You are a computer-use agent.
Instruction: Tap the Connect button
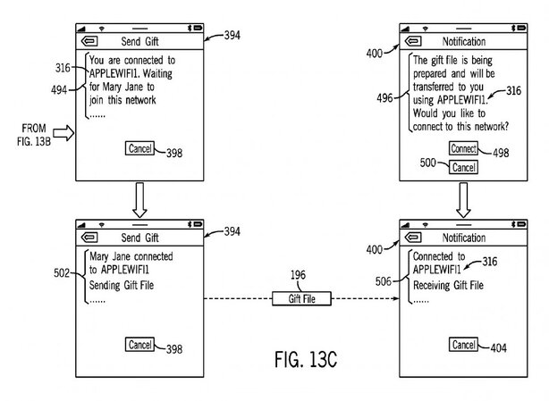coord(463,148)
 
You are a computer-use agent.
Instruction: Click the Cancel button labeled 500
coord(462,167)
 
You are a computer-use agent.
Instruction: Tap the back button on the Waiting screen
coord(89,40)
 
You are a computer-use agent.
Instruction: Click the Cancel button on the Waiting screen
coord(139,148)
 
